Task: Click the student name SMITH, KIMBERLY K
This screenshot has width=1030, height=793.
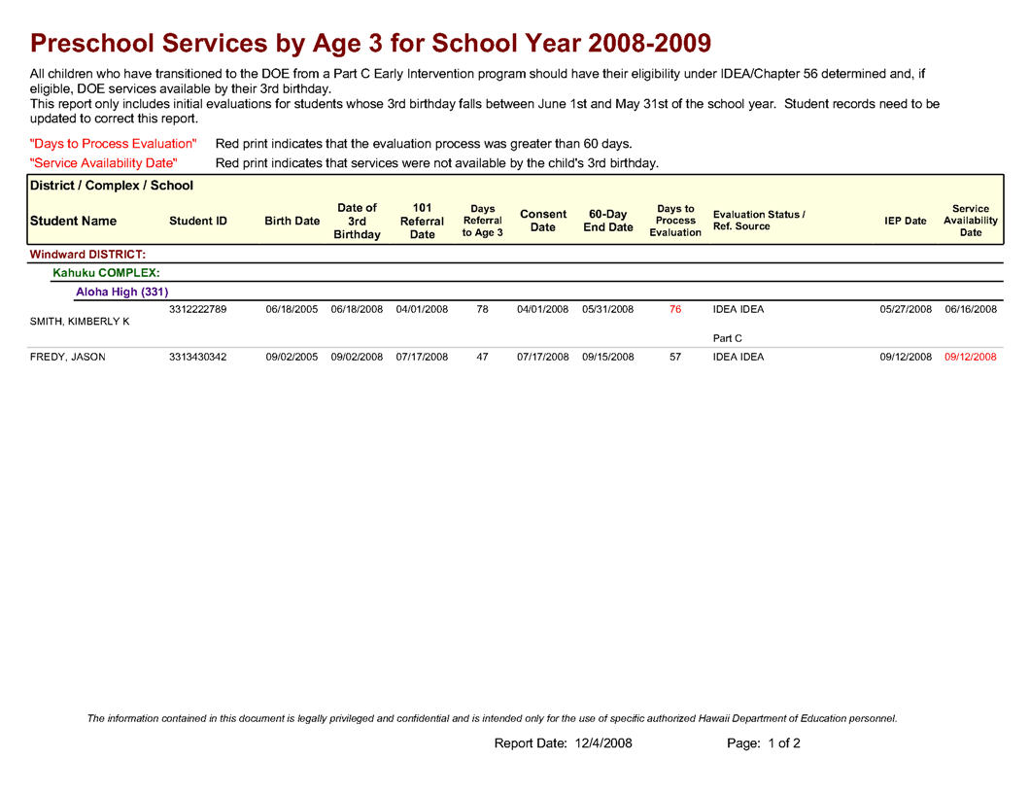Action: click(80, 322)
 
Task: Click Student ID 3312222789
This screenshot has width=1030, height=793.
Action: click(198, 310)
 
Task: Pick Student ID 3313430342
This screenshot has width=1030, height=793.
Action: click(198, 358)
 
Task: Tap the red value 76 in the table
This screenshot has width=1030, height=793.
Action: click(675, 310)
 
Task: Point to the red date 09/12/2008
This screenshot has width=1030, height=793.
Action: click(971, 358)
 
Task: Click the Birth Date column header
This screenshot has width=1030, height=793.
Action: click(292, 222)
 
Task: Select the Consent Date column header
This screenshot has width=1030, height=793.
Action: click(543, 221)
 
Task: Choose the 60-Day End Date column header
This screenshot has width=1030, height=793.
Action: click(608, 221)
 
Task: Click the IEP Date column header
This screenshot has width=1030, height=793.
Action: click(906, 222)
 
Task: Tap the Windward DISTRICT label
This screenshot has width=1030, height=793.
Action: click(88, 255)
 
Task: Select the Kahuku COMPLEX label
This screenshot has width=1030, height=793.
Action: click(106, 273)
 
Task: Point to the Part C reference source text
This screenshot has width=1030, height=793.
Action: click(728, 339)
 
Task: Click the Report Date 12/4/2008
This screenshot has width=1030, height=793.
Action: click(564, 744)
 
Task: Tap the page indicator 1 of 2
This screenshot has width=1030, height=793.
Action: click(764, 744)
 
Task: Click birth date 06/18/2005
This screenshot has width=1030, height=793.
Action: click(292, 310)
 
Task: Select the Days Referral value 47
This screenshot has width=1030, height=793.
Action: click(482, 358)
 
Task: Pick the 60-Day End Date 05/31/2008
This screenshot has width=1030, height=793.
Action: click(608, 310)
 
